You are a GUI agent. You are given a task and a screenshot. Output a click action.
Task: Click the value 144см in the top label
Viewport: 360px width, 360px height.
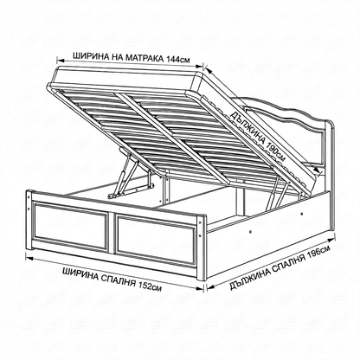tap(178, 59)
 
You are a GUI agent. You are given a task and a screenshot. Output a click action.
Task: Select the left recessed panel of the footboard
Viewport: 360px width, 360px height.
tap(71, 225)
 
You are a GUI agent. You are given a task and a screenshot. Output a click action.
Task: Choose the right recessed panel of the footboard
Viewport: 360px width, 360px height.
tap(157, 240)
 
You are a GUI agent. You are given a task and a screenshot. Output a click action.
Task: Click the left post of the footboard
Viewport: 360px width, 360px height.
tap(29, 220)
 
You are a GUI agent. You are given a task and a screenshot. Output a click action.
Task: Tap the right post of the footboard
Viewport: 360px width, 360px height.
tap(202, 247)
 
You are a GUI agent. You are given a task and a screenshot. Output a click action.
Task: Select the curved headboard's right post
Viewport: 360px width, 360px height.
tap(330, 156)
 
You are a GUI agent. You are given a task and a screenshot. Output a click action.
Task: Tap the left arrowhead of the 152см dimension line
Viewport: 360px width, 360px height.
tap(29, 258)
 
